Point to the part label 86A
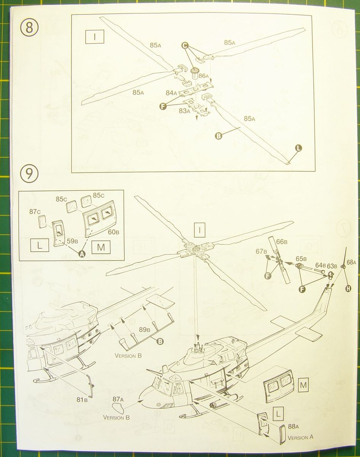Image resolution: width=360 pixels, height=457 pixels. tap(203, 76)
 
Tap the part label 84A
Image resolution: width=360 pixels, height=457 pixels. tap(172, 93)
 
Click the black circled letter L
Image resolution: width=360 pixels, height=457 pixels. tap(298, 149)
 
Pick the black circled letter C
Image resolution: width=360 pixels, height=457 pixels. tap(185, 46)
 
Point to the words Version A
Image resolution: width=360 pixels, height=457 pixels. tap(301, 437)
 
